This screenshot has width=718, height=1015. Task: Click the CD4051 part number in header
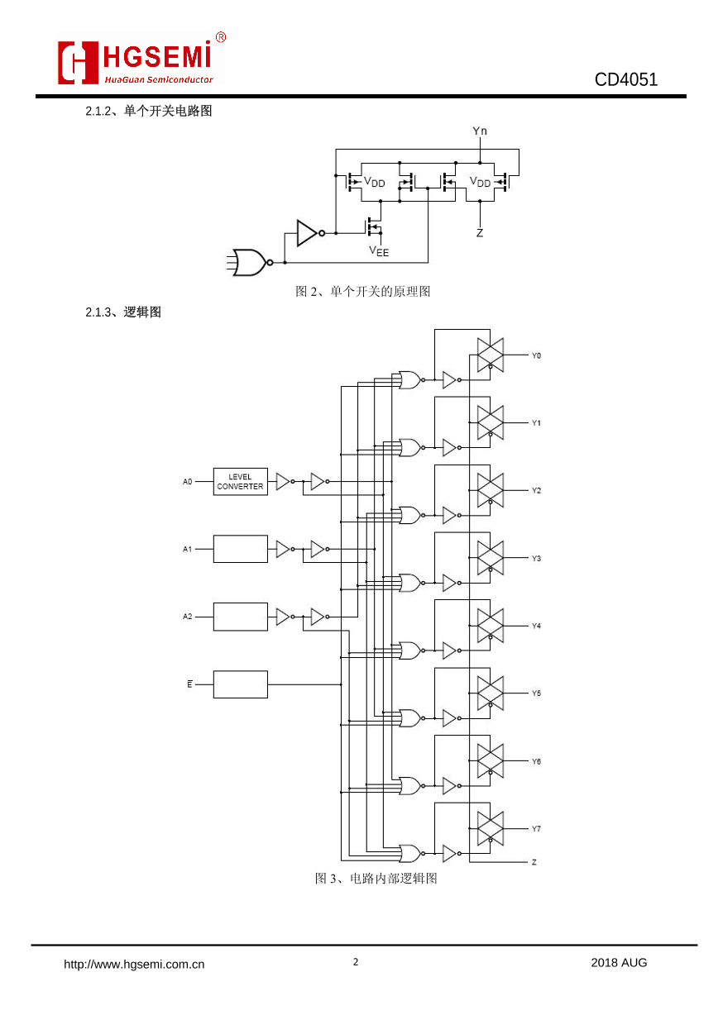625,80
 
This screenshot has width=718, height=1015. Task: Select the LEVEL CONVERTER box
240,482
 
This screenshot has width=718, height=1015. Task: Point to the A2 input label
188,617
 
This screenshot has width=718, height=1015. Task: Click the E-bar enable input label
189,684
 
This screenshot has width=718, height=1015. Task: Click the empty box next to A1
240,549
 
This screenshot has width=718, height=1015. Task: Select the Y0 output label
536,355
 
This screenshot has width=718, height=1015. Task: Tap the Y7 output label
536,828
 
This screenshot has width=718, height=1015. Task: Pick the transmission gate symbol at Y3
491,558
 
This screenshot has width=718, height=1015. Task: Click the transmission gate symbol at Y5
491,693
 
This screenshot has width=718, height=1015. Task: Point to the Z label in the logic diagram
534,862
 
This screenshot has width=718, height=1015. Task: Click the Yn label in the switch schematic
480,131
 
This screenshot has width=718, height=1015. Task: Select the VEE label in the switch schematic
379,250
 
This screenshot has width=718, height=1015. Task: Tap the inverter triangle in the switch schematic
307,233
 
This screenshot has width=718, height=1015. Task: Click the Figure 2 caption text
363,291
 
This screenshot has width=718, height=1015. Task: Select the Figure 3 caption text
376,878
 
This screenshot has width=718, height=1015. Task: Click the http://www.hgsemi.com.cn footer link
135,963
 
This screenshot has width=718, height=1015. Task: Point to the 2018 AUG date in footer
619,962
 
